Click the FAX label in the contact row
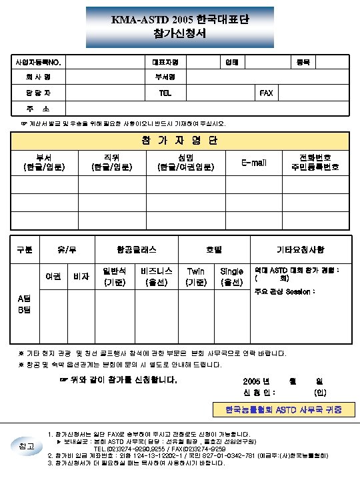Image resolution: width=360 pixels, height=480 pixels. click(x=265, y=93)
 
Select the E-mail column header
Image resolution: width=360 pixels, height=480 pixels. click(x=254, y=162)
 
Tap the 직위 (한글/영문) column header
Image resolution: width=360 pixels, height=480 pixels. click(x=107, y=162)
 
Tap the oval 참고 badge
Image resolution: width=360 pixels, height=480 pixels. click(x=24, y=445)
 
